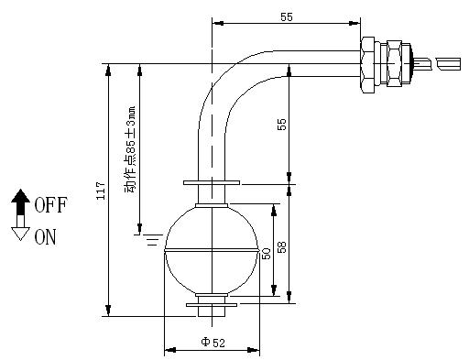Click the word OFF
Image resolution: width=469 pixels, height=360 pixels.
coord(50,205)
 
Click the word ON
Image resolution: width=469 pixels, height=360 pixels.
coord(46,237)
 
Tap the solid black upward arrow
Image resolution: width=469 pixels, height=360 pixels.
coord(20,202)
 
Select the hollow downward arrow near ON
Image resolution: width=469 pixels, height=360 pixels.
coord(20,230)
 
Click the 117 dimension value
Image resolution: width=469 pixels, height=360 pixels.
coord(101,191)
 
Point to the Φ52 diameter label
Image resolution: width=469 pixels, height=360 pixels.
coord(213,343)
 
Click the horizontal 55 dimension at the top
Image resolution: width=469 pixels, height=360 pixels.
coord(287,17)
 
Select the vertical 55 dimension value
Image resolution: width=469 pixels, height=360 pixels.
coord(282,125)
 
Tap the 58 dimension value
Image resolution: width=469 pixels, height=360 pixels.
coord(282,247)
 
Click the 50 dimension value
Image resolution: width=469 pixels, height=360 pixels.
coord(267,254)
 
